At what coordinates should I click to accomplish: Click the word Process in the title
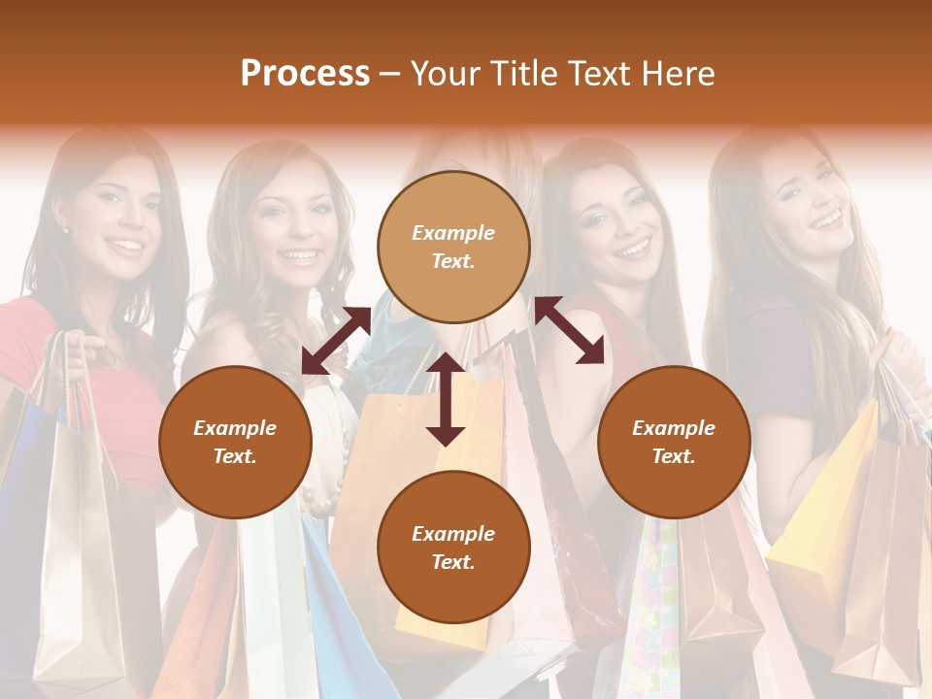pyautogui.click(x=305, y=74)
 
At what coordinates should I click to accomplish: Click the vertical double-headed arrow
pyautogui.click(x=446, y=400)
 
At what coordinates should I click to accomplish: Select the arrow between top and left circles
pyautogui.click(x=336, y=341)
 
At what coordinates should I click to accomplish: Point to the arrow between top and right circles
pyautogui.click(x=570, y=330)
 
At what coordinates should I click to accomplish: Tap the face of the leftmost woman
pyautogui.click(x=116, y=218)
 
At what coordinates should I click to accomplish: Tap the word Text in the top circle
pyautogui.click(x=452, y=261)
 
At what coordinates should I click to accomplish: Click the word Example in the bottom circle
pyautogui.click(x=453, y=534)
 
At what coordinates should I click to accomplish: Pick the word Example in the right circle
pyautogui.click(x=674, y=428)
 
